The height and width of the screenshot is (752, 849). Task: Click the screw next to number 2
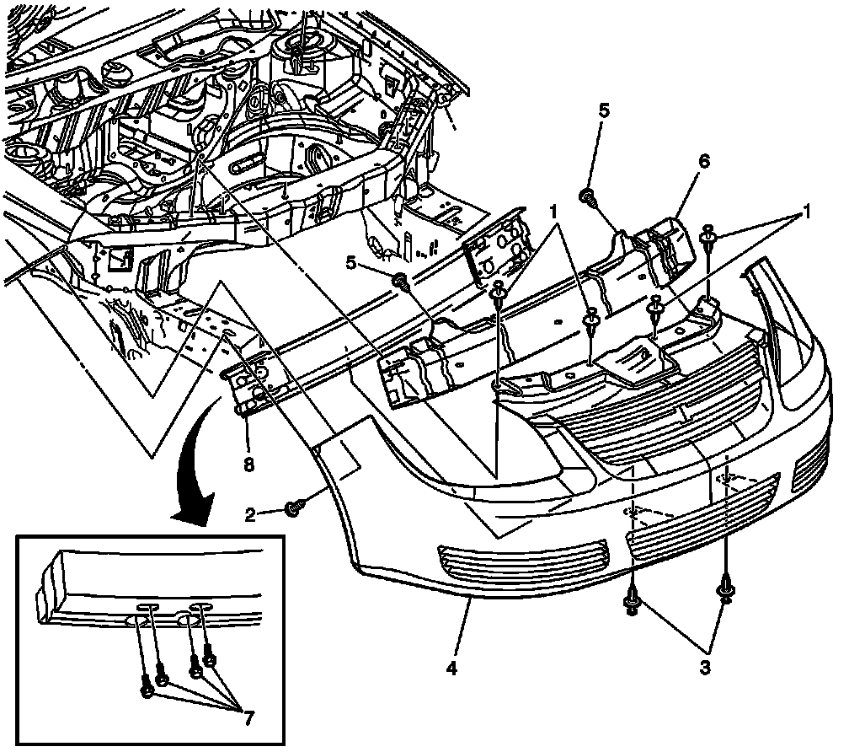click(294, 508)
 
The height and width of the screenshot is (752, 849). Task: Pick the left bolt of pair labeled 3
click(630, 600)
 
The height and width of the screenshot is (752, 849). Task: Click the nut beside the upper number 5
click(585, 197)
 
